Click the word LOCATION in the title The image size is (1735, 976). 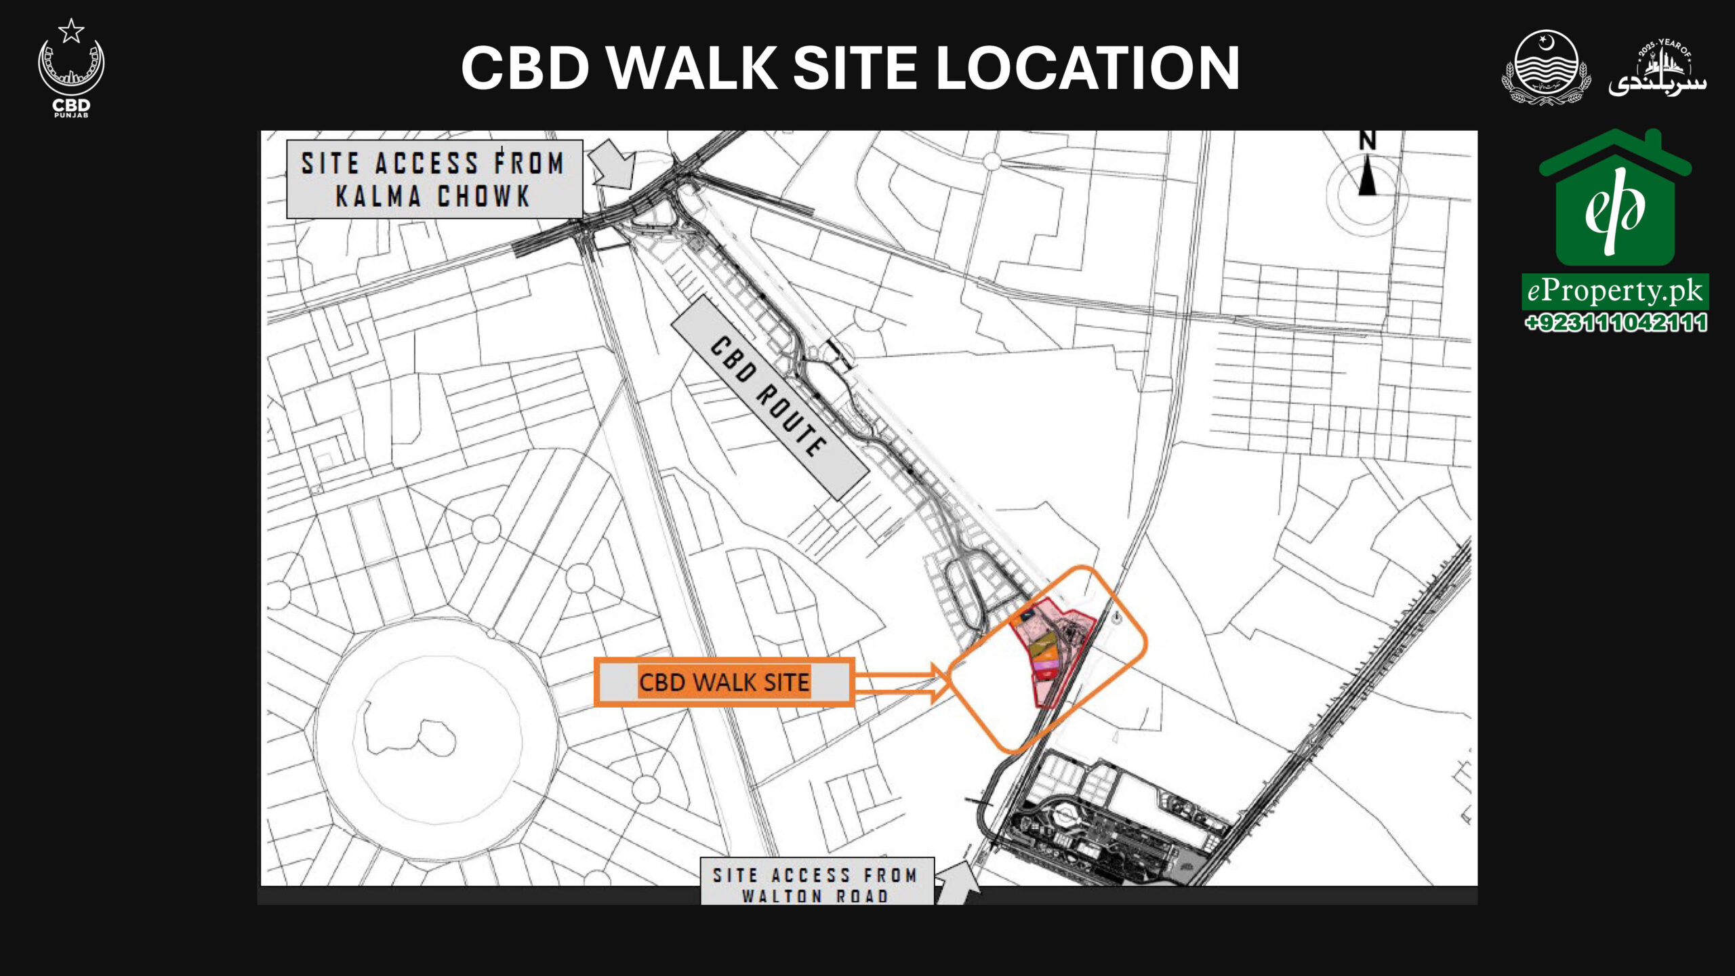pos(1087,68)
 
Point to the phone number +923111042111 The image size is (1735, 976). pos(1615,323)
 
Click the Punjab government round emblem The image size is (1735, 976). pos(1546,66)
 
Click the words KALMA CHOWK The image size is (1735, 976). pos(432,197)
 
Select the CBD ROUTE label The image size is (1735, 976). pos(769,397)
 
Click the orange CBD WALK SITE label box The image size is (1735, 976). pos(724,682)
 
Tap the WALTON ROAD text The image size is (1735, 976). pos(815,895)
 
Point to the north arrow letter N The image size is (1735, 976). pos(1367,140)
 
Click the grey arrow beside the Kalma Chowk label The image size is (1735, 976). pos(613,165)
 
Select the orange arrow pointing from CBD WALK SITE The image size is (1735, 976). pos(901,683)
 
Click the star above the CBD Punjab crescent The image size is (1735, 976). pos(71,30)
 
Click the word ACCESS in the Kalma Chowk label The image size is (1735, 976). pos(427,163)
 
